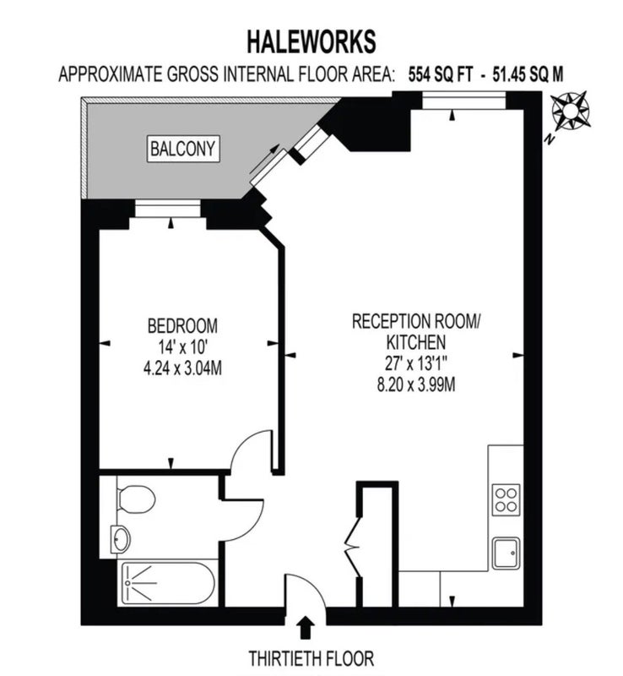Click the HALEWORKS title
311,41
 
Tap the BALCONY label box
183,149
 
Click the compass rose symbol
570,112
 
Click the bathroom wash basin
120,539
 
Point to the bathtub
168,583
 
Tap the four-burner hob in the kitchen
506,500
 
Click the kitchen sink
507,553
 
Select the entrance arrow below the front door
306,627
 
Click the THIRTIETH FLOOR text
311,658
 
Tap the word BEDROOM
182,325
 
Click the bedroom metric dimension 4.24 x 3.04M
182,368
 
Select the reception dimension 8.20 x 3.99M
416,384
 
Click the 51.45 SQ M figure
528,74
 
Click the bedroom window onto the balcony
168,209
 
